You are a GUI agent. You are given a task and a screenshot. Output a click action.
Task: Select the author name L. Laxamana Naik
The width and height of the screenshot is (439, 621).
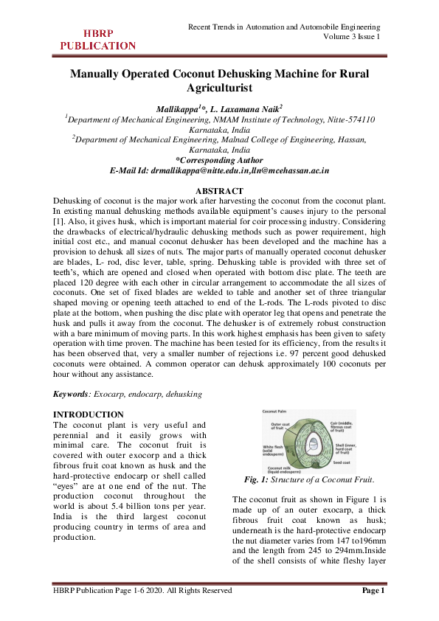pyautogui.click(x=244, y=108)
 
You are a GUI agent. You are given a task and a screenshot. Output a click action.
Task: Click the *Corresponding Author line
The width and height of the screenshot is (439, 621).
pyautogui.click(x=218, y=159)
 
